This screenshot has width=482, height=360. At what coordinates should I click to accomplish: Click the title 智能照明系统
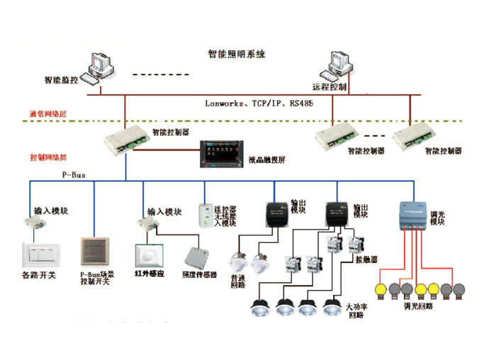click(236, 54)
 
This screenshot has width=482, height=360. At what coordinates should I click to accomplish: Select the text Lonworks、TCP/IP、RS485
click(259, 103)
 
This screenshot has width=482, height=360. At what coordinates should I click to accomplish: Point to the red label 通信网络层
click(47, 113)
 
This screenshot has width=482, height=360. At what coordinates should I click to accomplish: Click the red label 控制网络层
click(47, 157)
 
